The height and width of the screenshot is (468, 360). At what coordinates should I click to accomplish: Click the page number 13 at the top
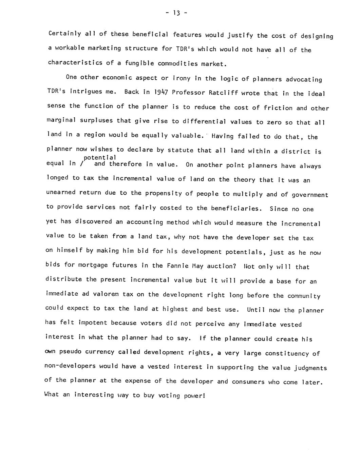[176, 13]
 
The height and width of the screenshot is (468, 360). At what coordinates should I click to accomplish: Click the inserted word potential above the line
[100, 158]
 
